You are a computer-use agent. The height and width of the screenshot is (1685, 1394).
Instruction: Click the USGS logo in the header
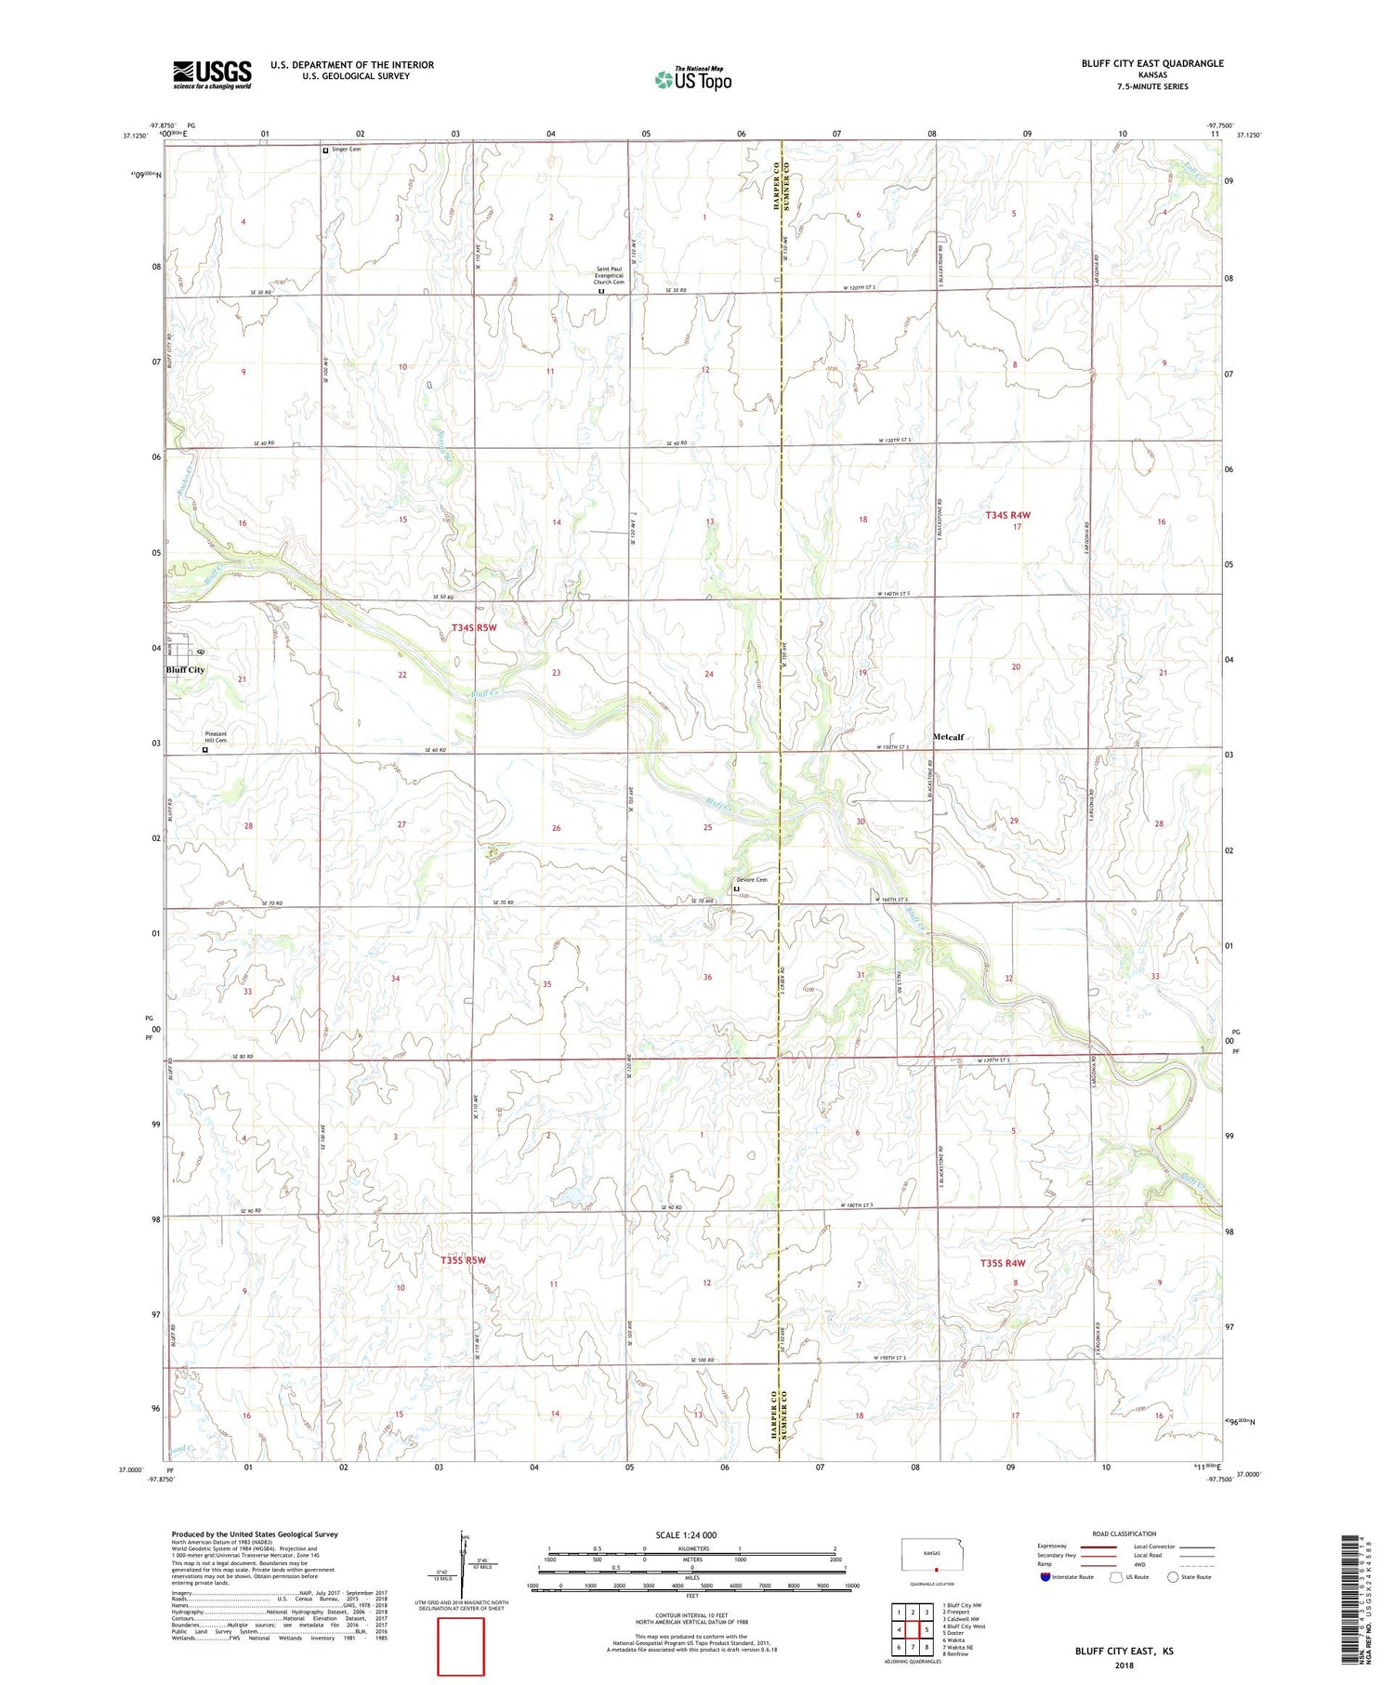coord(212,74)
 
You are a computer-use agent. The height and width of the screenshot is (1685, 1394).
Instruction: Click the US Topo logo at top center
coord(693,79)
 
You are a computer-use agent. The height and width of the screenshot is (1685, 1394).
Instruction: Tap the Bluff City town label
coord(185,669)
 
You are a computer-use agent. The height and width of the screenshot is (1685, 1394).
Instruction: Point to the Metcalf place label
coord(948,737)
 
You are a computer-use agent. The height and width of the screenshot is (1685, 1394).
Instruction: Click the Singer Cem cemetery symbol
coord(325,150)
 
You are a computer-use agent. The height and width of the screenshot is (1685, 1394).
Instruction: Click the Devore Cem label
coord(752,880)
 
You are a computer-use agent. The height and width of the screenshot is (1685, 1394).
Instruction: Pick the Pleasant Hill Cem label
coord(216,737)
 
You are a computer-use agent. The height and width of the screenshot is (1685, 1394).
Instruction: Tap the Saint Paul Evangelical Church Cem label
coord(610,276)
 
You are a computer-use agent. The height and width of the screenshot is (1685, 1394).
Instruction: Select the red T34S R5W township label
coord(474,627)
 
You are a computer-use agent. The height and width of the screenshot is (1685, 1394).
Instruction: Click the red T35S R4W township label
coord(1003,1263)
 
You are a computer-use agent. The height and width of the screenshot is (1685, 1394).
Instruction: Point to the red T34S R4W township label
coord(1008,515)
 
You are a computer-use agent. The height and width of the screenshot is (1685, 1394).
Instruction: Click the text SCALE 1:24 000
coord(686,1534)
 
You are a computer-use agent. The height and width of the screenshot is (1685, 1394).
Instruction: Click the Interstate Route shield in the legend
coord(1045,1576)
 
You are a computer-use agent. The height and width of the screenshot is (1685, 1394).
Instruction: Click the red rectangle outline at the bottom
coord(461,1646)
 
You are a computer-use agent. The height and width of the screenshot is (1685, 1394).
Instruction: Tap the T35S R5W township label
coord(463,1260)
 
